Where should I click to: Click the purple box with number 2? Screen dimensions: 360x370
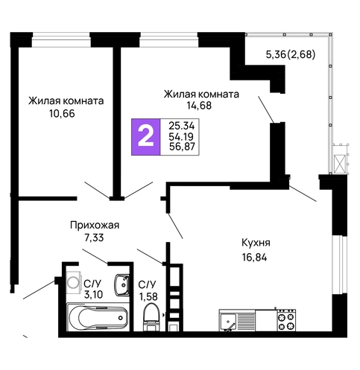146,137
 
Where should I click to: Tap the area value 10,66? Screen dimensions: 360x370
62,114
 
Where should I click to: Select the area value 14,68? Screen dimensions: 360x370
199,106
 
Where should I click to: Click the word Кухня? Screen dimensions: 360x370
256,243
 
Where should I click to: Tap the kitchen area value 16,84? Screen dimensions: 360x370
255,258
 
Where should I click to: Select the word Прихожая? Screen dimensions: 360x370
95,226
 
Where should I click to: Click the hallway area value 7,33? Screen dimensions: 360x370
94,237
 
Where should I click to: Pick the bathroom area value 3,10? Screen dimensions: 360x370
93,295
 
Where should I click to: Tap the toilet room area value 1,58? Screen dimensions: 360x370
148,296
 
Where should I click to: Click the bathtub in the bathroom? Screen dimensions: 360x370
98,318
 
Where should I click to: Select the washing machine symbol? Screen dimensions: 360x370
74,282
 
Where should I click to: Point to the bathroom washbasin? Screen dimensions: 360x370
121,285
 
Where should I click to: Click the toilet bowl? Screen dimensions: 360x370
151,317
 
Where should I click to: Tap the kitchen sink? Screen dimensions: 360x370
227,321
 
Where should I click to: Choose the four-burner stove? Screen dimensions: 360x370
286,320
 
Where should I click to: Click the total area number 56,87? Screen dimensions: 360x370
182,147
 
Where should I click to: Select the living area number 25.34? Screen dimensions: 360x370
182,126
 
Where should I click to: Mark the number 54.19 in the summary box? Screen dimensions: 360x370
181,136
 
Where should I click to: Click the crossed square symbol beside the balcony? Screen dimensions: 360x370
340,164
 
